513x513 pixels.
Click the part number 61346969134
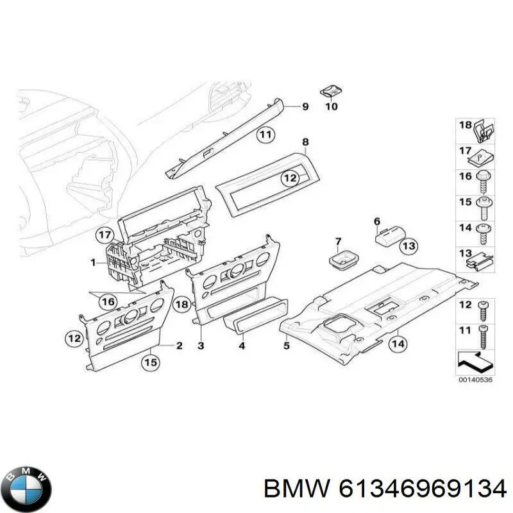pyautogui.click(x=421, y=490)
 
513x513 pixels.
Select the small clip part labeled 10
pyautogui.click(x=330, y=90)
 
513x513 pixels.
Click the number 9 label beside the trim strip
pyautogui.click(x=305, y=106)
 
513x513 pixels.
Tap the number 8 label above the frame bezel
pyautogui.click(x=305, y=142)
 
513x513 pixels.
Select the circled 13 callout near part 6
pyautogui.click(x=408, y=245)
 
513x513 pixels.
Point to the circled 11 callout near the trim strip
pyautogui.click(x=265, y=135)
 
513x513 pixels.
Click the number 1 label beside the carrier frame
pyautogui.click(x=93, y=263)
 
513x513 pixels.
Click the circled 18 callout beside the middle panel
pyautogui.click(x=182, y=304)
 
